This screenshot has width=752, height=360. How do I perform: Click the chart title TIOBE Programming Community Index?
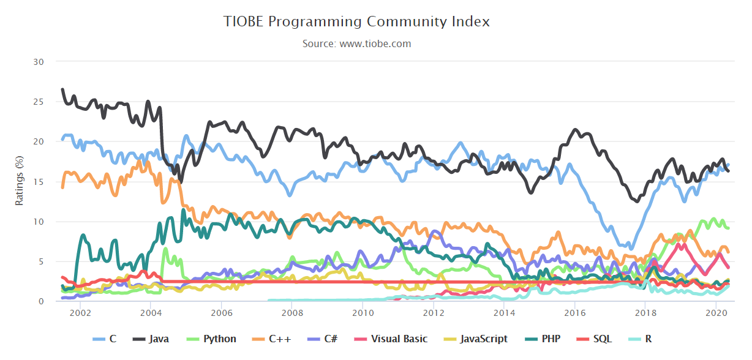(357, 22)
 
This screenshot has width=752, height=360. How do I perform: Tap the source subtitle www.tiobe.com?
(357, 44)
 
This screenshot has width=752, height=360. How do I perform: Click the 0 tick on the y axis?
(41, 301)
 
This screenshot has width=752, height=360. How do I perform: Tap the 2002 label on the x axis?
(80, 313)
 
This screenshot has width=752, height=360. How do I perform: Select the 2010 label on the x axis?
(363, 313)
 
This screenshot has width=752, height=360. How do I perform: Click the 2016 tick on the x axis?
(574, 313)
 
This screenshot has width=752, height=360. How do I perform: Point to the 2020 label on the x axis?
(715, 313)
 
